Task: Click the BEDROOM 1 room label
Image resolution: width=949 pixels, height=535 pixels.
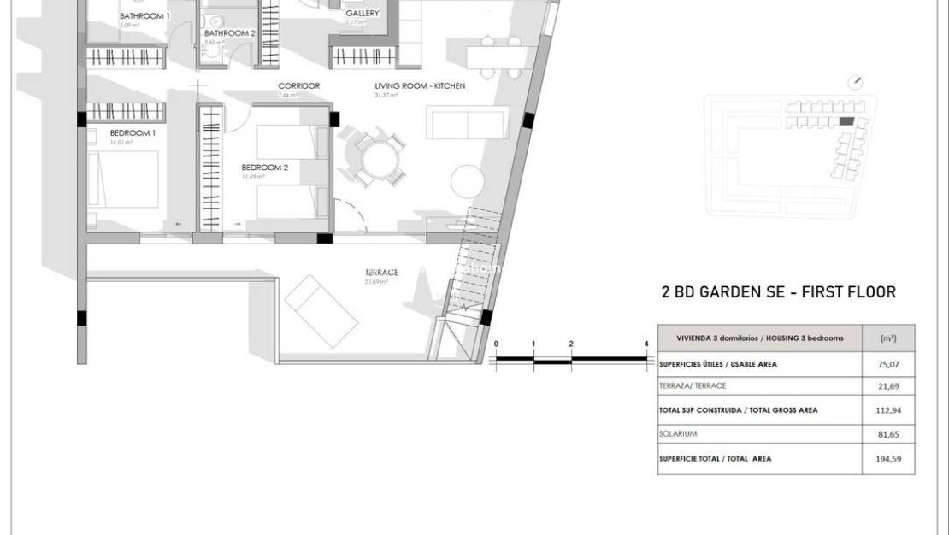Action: (133, 133)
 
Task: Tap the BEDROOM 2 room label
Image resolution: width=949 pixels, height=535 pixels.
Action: (264, 168)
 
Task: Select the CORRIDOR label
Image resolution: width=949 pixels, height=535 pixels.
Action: (298, 86)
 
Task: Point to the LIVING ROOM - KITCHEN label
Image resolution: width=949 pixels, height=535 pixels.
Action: (420, 86)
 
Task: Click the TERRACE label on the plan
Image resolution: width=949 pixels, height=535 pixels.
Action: (381, 273)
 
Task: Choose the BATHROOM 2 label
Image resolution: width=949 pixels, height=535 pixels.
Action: (230, 33)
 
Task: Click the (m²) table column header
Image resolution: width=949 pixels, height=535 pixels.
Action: (888, 338)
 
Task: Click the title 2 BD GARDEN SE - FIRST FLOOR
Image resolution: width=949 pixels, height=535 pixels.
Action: (779, 292)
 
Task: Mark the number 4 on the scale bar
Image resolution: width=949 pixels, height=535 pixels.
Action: (646, 344)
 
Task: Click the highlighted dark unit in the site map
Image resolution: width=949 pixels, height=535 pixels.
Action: (846, 122)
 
